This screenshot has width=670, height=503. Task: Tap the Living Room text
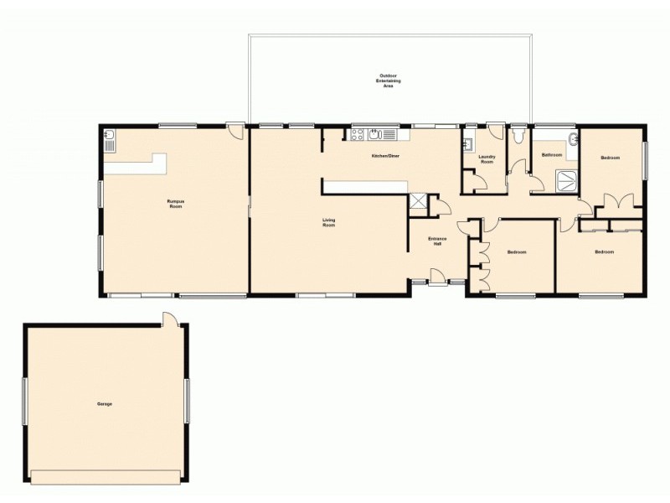click(329, 223)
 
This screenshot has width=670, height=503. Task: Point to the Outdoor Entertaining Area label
click(388, 80)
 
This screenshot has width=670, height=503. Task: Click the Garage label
click(104, 404)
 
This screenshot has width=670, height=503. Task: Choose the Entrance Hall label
click(436, 241)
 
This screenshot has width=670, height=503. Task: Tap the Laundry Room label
click(487, 159)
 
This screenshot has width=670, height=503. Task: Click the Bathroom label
click(551, 155)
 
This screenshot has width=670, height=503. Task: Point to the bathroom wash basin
click(573, 140)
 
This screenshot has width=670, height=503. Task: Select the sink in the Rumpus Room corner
click(111, 139)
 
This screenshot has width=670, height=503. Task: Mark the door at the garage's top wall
click(170, 319)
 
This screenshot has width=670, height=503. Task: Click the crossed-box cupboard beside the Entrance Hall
click(418, 202)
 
